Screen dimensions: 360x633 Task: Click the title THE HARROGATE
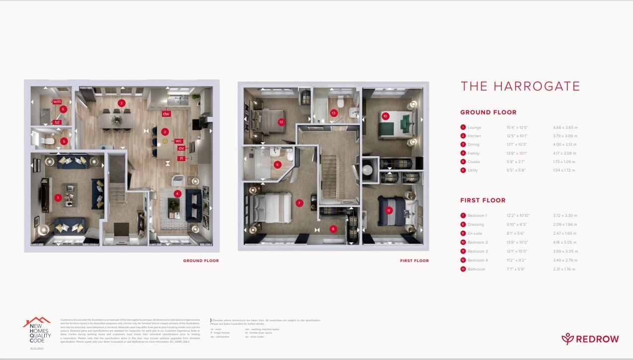pyautogui.click(x=520, y=86)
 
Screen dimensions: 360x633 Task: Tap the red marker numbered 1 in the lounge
pyautogui.click(x=58, y=198)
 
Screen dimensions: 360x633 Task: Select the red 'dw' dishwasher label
pyautogui.click(x=166, y=114)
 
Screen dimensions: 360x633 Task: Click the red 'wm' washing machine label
pyautogui.click(x=57, y=102)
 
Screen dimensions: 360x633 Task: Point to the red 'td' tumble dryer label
pyautogui.click(x=57, y=122)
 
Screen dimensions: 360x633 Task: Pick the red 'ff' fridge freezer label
pyautogui.click(x=182, y=159)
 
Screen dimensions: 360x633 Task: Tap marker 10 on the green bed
pyautogui.click(x=385, y=116)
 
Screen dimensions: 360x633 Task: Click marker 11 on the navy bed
pyautogui.click(x=389, y=210)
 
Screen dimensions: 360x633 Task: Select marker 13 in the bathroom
pyautogui.click(x=334, y=113)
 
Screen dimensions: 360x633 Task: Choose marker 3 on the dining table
pyautogui.click(x=121, y=103)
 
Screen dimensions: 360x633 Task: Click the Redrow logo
pyautogui.click(x=590, y=339)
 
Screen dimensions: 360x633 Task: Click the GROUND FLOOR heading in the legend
pyautogui.click(x=488, y=112)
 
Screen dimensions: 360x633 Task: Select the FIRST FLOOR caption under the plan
pyautogui.click(x=414, y=261)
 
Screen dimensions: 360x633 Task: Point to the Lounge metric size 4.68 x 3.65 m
pyautogui.click(x=565, y=127)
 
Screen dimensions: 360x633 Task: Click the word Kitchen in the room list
pyautogui.click(x=474, y=136)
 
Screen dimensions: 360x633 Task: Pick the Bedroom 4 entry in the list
pyautogui.click(x=477, y=260)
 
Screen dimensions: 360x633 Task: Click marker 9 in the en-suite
pyautogui.click(x=277, y=165)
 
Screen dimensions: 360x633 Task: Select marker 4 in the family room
pyautogui.click(x=177, y=193)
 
